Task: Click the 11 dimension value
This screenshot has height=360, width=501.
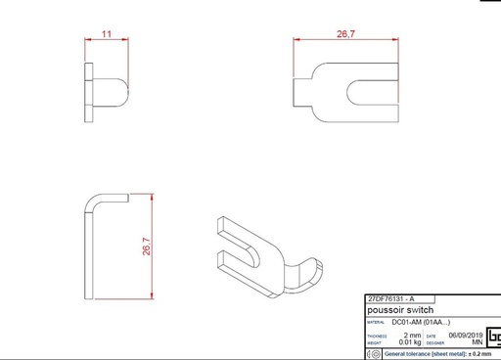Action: coord(107,33)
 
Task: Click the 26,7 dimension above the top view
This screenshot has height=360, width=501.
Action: coord(345,33)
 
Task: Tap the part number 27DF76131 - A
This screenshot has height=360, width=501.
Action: coord(389,298)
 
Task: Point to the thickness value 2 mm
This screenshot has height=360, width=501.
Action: coord(413,335)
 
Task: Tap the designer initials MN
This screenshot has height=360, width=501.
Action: coord(477,342)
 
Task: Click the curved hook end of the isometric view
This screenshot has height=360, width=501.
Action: coord(311,276)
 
